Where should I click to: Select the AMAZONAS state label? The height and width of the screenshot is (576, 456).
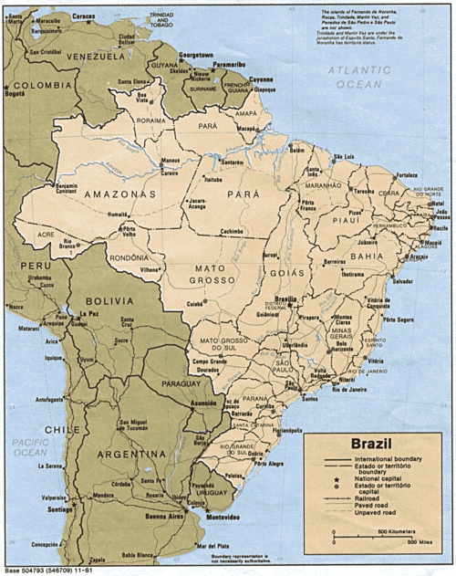119,194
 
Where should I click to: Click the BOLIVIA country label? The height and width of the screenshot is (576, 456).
109,299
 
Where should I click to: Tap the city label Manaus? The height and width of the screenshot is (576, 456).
170,161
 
